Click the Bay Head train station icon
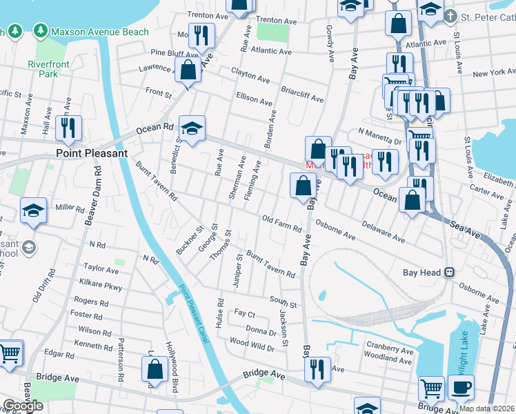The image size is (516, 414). tap(449, 273)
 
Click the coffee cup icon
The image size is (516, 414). tap(461, 387)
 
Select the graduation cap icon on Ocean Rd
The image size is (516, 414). tap(192, 128)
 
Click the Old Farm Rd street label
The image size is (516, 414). tap(281, 224)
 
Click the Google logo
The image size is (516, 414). tap(23, 406)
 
